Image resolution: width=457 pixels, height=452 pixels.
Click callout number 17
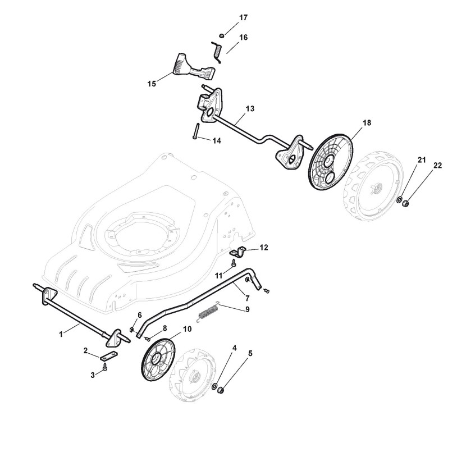click(x=243, y=18)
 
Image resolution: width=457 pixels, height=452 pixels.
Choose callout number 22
click(x=437, y=165)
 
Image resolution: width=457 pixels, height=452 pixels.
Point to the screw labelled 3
click(x=106, y=367)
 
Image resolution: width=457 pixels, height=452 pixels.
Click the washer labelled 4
click(x=215, y=386)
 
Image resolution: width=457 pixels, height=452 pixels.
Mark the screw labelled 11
click(x=234, y=263)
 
